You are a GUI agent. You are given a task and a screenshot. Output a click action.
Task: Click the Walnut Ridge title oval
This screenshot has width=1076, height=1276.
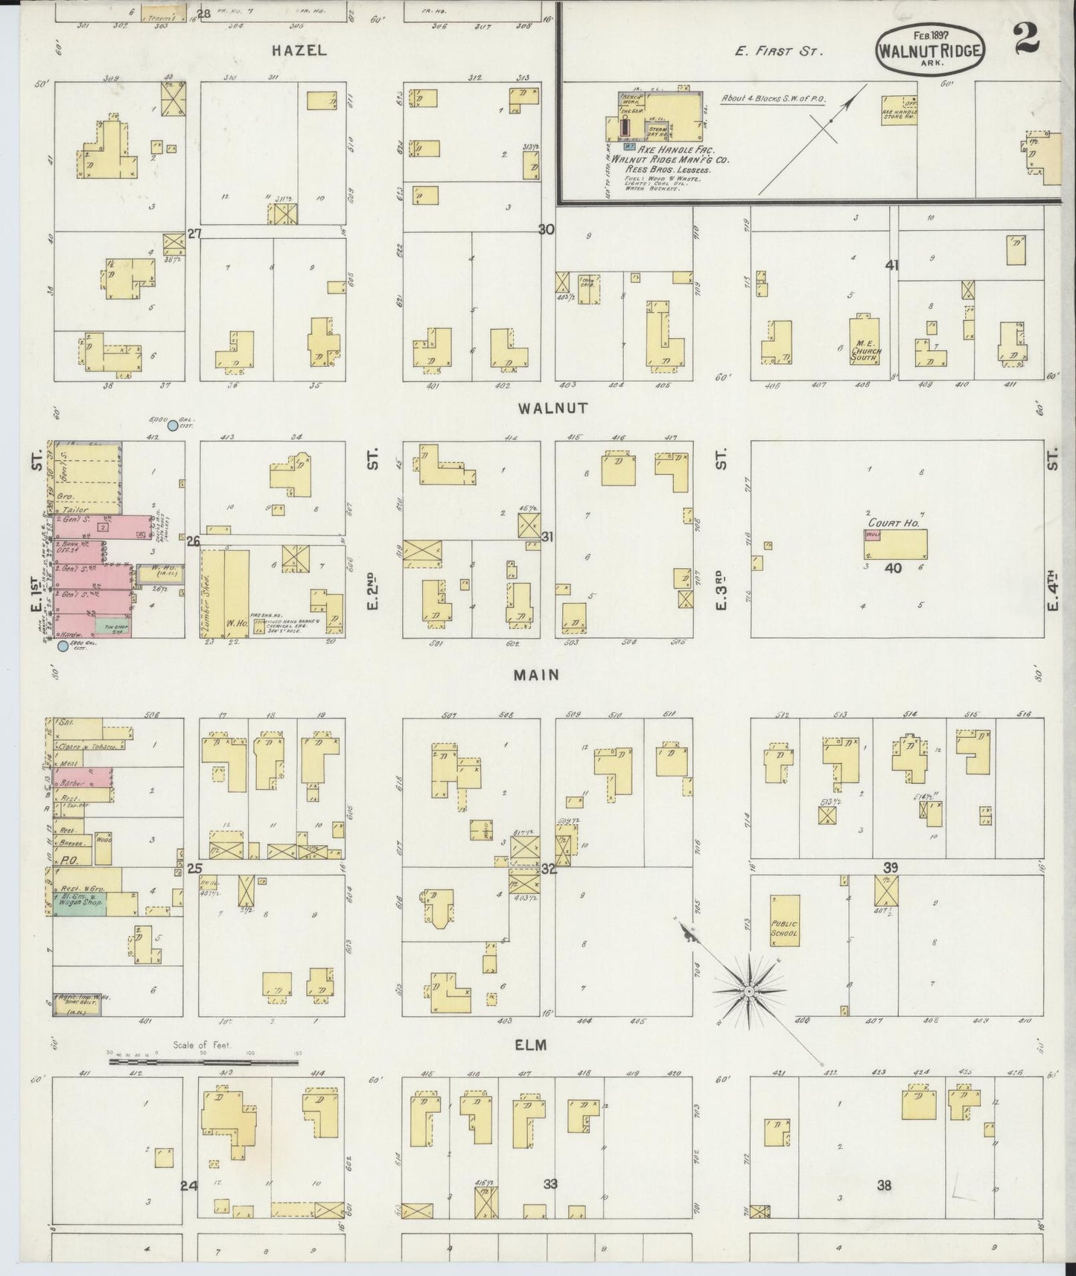929,48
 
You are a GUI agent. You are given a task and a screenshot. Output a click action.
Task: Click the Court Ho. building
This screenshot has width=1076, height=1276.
896,544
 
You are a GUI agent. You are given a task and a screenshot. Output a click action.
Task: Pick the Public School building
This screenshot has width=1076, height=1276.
785,920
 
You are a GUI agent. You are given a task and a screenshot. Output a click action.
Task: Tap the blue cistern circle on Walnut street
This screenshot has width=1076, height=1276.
173,426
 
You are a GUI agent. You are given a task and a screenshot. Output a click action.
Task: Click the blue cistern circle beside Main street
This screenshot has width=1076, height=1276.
63,646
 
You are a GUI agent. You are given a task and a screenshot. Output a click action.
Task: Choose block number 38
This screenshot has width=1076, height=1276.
883,1185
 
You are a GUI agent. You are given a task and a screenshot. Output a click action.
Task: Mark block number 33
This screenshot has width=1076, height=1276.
550,1184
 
